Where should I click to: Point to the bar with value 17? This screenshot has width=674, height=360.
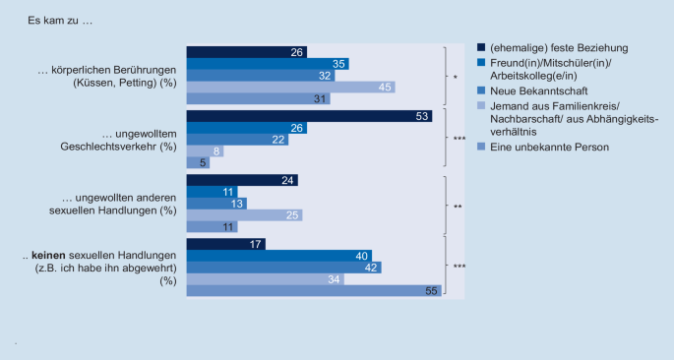click(x=225, y=244)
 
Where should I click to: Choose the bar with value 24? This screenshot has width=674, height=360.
click(x=241, y=180)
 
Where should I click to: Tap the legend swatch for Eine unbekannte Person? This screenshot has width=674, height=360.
click(x=480, y=147)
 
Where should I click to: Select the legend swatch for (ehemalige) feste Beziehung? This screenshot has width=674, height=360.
click(x=480, y=47)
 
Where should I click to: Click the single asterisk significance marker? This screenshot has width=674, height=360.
click(x=454, y=77)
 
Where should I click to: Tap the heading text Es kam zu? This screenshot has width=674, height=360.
click(x=55, y=20)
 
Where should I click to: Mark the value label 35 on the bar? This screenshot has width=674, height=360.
click(x=338, y=64)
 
